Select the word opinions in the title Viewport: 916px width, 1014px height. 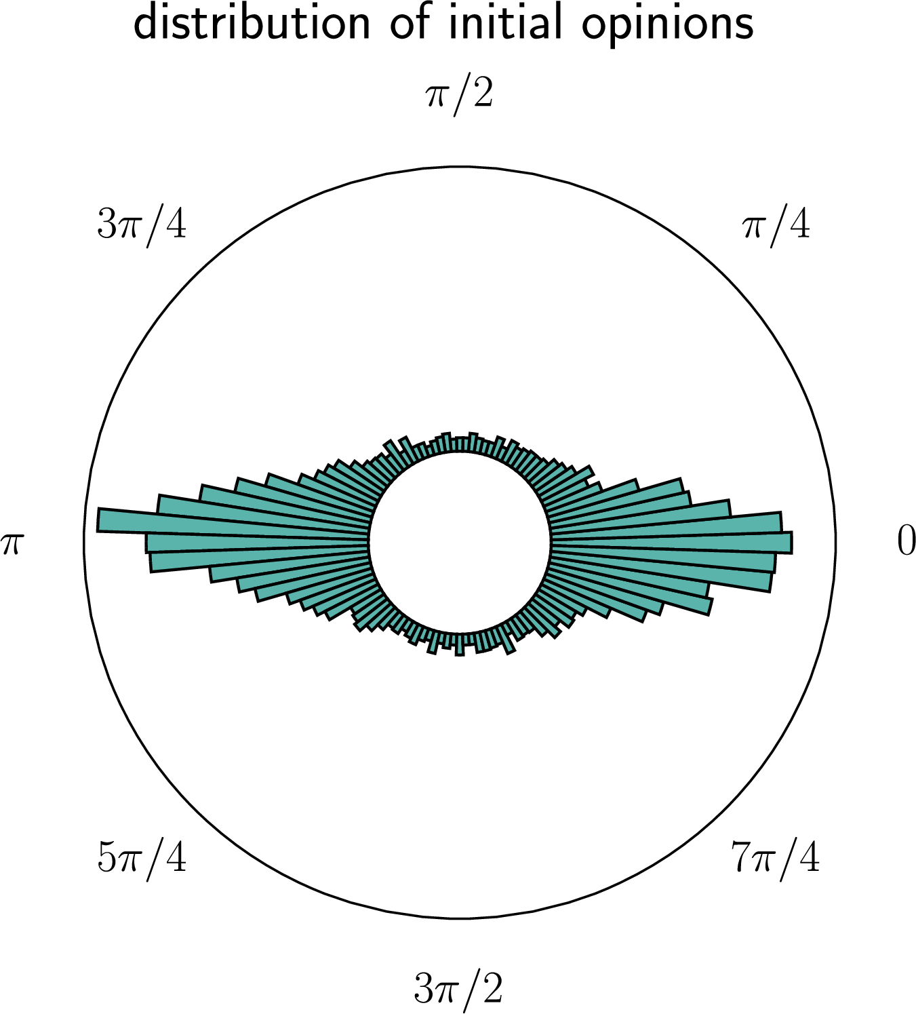click(668, 26)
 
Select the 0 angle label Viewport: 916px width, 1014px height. click(907, 541)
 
